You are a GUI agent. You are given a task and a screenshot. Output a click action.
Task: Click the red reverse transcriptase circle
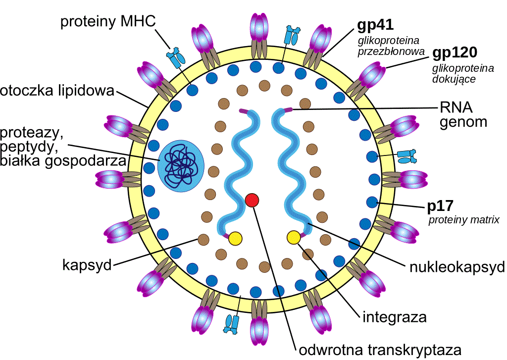point(252,200)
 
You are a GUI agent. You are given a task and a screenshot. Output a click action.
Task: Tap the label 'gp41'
point(375,25)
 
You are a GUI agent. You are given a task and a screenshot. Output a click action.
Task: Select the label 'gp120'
point(455,52)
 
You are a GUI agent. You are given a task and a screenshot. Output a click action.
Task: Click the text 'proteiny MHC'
point(108,22)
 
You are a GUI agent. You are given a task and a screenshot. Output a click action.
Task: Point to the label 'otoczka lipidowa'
point(57,91)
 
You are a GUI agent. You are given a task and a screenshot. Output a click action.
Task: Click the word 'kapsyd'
point(87,265)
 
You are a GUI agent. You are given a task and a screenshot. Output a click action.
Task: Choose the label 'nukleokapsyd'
point(457,267)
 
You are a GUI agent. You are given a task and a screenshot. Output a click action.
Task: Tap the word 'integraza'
point(395,317)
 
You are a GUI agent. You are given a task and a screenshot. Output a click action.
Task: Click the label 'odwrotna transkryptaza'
point(380,350)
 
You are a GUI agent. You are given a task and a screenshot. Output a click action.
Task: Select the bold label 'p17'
point(440,206)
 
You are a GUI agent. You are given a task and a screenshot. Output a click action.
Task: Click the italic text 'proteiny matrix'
point(464,220)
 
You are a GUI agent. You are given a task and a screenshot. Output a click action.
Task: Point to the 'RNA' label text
point(456,108)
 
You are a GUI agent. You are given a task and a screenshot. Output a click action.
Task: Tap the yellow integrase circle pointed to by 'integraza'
point(294,237)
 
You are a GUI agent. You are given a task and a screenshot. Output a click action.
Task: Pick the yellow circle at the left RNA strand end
point(235,238)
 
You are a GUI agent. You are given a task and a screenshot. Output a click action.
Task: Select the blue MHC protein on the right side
point(407,156)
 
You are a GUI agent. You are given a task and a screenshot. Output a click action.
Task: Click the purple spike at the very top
point(259,28)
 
